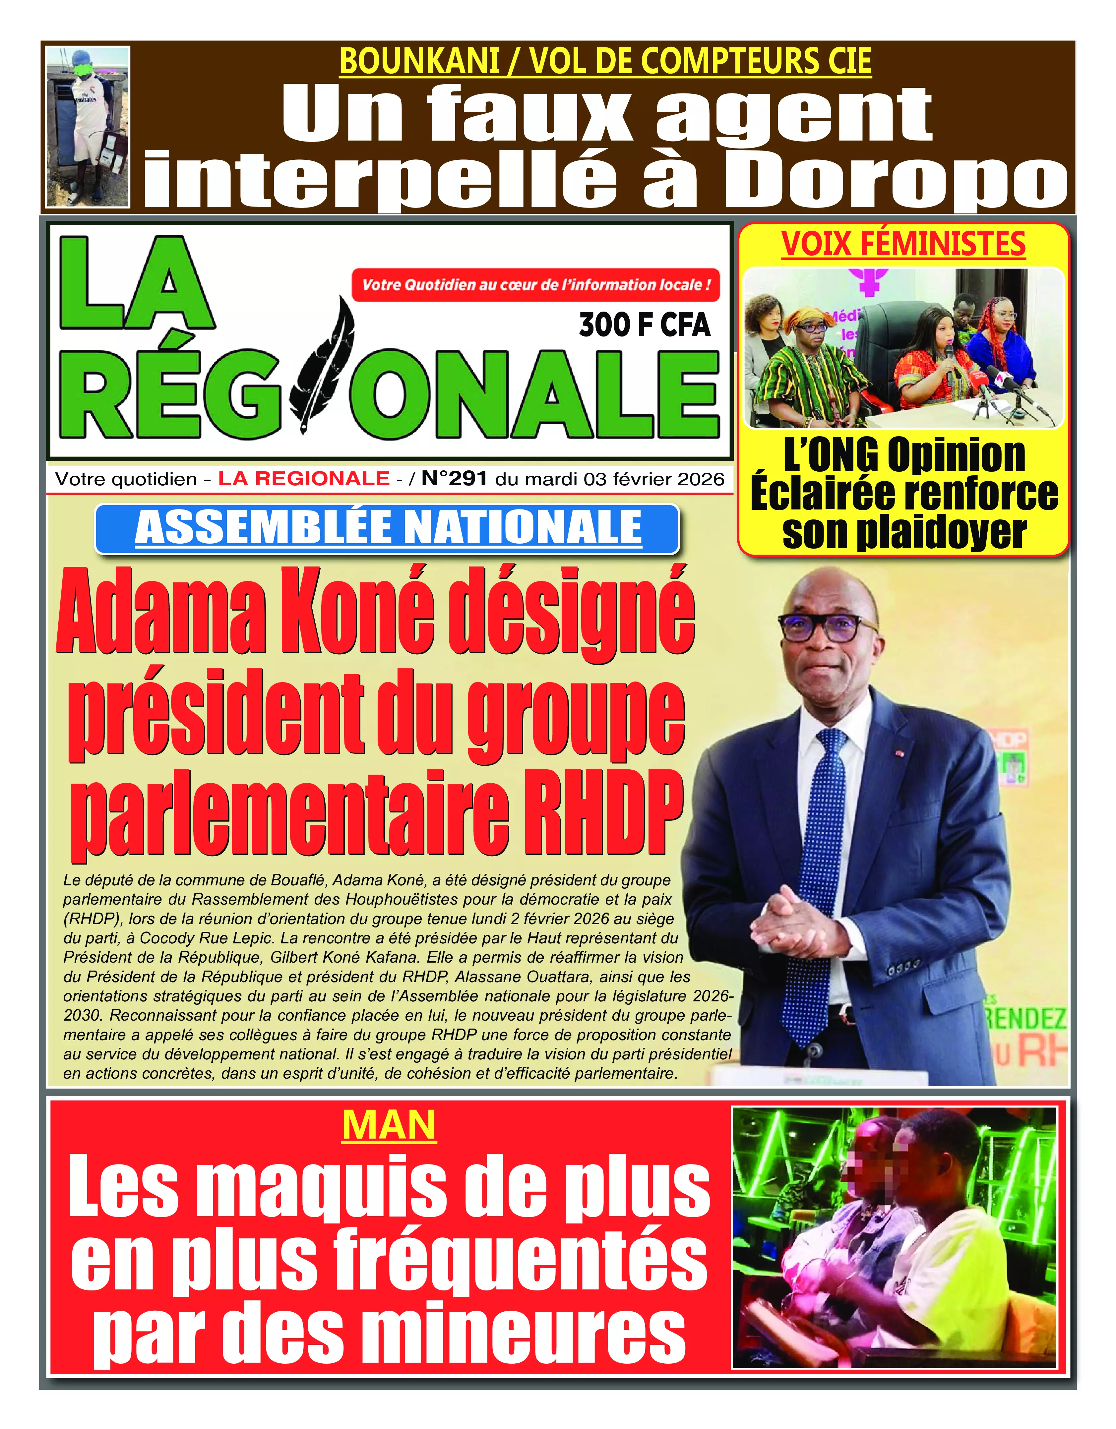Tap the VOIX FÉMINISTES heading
pos(903,244)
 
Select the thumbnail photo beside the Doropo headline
pos(88,126)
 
